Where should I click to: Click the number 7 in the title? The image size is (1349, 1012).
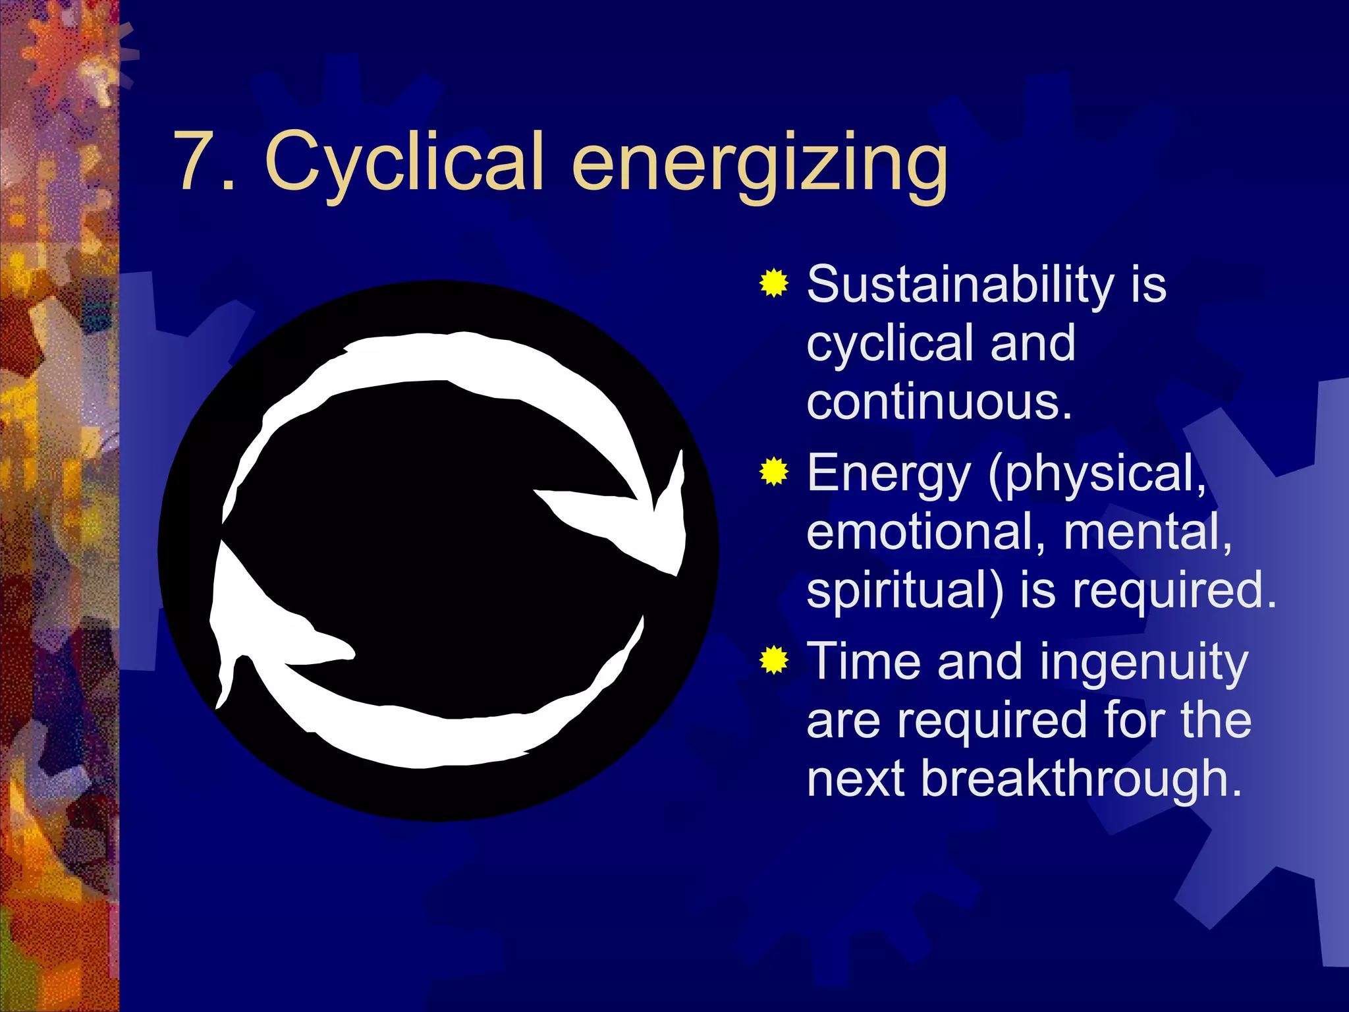(x=196, y=161)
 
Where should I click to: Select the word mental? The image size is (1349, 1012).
(x=1147, y=532)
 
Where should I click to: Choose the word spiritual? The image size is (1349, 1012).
(x=905, y=591)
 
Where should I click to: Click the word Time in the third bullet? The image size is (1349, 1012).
(x=864, y=661)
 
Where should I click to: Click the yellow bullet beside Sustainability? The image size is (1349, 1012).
(x=773, y=284)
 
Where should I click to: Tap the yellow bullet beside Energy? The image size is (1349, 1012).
(x=773, y=472)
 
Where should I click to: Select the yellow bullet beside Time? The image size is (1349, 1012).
(x=773, y=660)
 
